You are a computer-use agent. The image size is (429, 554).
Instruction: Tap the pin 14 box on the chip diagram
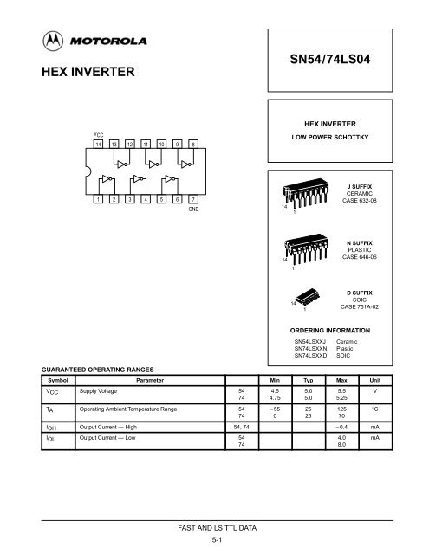[x=98, y=144]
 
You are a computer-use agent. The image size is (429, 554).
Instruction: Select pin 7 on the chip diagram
[x=193, y=199]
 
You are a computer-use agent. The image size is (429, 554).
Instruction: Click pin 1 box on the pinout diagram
[x=98, y=199]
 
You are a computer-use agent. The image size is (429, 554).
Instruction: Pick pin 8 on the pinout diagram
[x=193, y=144]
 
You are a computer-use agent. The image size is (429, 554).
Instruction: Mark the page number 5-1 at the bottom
[x=214, y=539]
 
